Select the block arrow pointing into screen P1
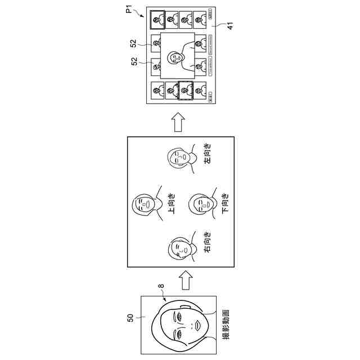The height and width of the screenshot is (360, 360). (179, 121)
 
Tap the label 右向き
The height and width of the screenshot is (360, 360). (208, 242)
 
